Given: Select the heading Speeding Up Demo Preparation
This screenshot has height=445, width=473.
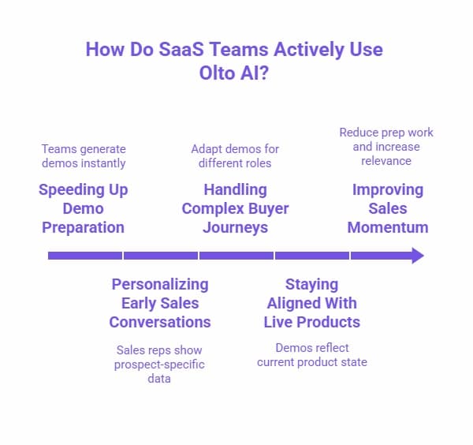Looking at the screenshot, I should click(x=84, y=208).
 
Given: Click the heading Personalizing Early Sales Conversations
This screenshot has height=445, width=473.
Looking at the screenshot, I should click(x=160, y=303).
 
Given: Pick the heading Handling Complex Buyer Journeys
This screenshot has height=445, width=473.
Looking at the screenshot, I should click(x=235, y=208).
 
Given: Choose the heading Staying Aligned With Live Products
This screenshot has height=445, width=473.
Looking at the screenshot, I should click(x=311, y=303).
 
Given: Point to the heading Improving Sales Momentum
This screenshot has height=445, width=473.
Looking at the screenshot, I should click(x=387, y=208).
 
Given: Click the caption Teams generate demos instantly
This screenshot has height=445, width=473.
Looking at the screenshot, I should click(x=84, y=155).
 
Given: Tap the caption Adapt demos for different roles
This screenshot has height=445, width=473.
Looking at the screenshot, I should click(x=235, y=155).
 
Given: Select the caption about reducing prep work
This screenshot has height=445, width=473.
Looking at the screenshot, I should click(x=386, y=147).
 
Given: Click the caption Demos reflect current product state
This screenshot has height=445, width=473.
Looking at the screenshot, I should click(x=311, y=354).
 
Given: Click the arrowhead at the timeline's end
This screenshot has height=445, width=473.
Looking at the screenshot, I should click(x=417, y=256).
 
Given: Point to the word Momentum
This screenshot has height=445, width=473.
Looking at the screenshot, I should click(x=387, y=227).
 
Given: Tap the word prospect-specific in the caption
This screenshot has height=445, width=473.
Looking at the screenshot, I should click(x=159, y=364).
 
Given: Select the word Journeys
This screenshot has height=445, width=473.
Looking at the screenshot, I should click(x=235, y=227).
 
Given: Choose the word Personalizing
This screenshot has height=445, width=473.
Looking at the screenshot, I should click(x=160, y=284).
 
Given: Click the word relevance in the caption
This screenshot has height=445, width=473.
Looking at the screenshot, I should click(x=386, y=161).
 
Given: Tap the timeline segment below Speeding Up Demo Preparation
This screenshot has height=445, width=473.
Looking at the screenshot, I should click(x=85, y=256).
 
